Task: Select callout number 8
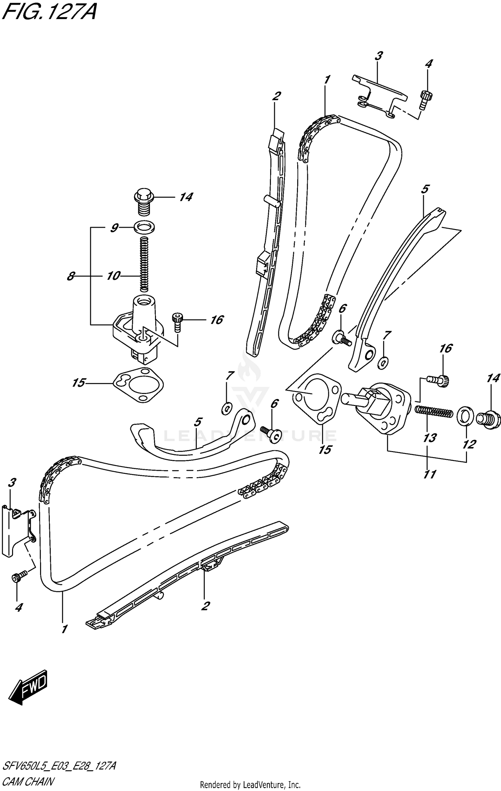[70, 276]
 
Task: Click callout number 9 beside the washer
[114, 228]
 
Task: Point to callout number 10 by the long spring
[113, 276]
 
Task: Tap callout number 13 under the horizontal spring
[430, 437]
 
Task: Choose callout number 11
[430, 474]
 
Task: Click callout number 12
[469, 444]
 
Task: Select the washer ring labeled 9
[144, 228]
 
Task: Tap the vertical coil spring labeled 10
[144, 264]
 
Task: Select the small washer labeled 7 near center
[227, 408]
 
